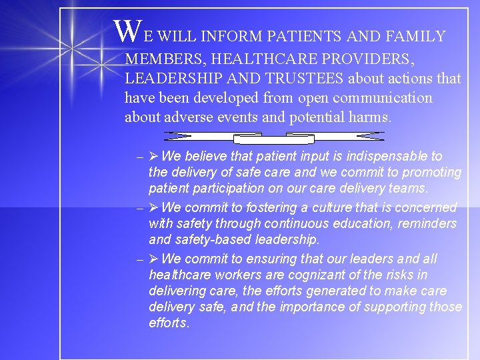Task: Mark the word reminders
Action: pos(425,223)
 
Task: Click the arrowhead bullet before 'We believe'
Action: pos(153,156)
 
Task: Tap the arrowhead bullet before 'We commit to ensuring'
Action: pos(153,259)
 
